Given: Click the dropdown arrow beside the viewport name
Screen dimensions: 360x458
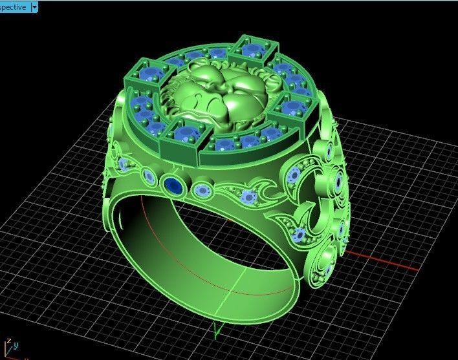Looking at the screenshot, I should (34, 6).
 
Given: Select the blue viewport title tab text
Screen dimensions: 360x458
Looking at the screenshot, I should (14, 6).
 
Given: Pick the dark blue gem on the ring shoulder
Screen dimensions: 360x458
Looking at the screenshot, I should (173, 185).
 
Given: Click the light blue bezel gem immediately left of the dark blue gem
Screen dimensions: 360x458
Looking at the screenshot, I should (149, 176).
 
